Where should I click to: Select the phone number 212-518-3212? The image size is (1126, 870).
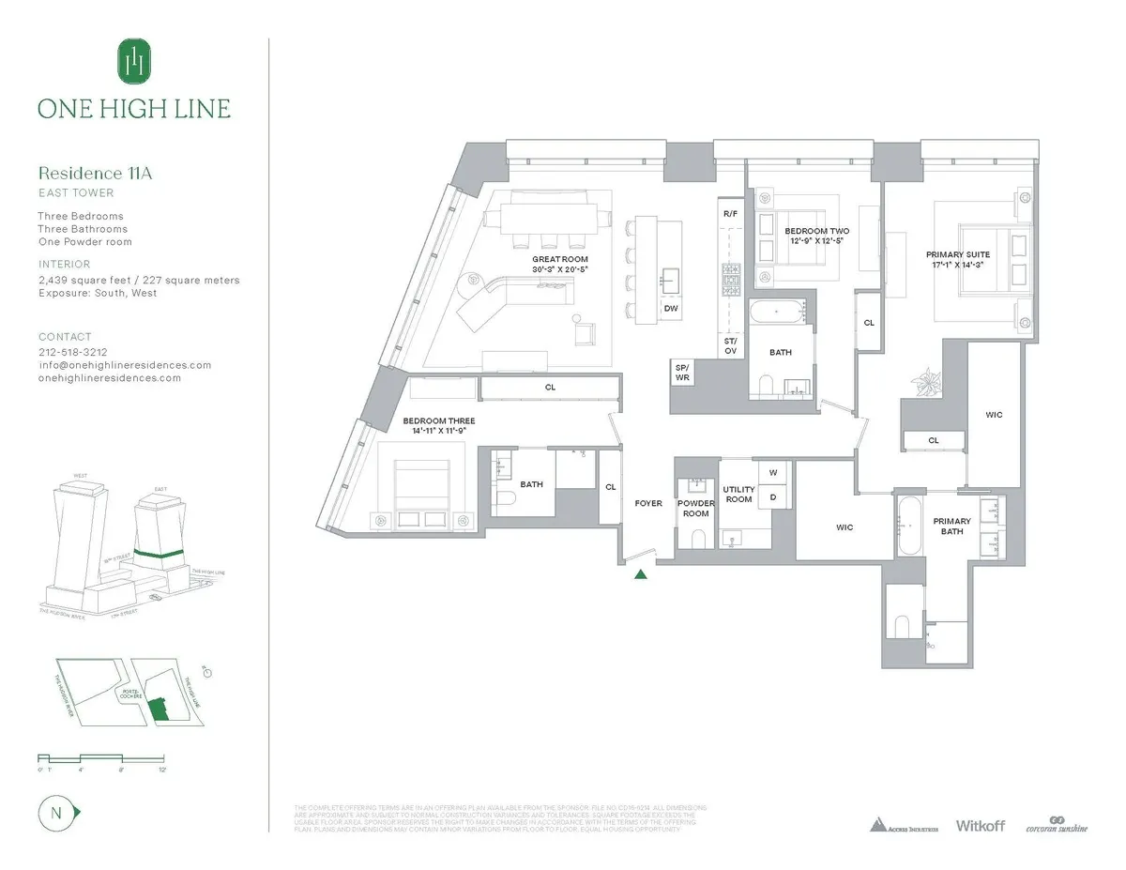[x=73, y=353]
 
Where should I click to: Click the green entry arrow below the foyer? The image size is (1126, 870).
[x=642, y=574]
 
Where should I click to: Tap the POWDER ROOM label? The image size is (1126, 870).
[x=695, y=509]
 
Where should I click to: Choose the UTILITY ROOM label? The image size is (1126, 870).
[x=738, y=495]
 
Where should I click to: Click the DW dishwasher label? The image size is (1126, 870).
[x=671, y=309]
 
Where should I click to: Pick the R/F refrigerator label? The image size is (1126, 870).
[x=730, y=214]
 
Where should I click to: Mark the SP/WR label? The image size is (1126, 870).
[x=682, y=373]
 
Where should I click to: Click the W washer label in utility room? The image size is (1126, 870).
[x=774, y=472]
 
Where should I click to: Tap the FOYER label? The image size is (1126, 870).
[x=648, y=504]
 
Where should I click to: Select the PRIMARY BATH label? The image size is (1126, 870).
[x=951, y=527]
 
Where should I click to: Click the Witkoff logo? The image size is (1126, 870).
[x=980, y=826]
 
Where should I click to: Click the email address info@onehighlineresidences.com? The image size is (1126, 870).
[x=125, y=365]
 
